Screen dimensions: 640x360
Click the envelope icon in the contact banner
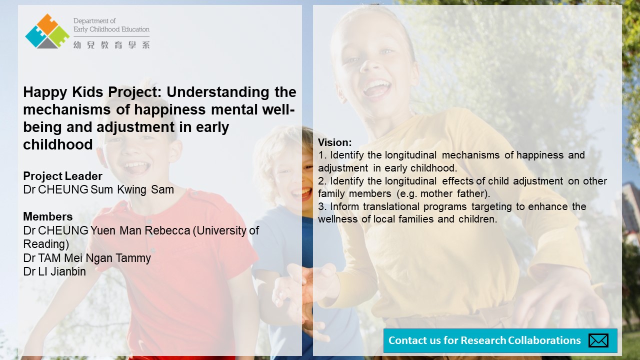click(598, 340)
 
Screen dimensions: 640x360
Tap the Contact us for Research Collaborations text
click(484, 340)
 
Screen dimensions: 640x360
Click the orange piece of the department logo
click(47, 23)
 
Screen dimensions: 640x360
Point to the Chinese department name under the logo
click(111, 45)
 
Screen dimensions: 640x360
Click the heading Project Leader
click(62, 176)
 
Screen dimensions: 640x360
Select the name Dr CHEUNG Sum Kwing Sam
click(98, 189)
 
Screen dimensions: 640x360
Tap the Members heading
click(47, 216)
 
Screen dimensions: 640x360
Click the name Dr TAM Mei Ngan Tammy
click(87, 258)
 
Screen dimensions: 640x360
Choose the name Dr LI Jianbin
click(54, 271)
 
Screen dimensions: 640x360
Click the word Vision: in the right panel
click(335, 142)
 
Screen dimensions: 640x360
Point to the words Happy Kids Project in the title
click(92, 92)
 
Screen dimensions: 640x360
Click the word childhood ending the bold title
click(58, 144)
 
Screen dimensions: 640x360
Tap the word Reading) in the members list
click(46, 244)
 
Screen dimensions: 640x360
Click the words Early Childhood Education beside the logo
click(111, 29)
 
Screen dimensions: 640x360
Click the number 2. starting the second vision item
click(322, 181)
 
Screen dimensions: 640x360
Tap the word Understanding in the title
click(217, 92)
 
